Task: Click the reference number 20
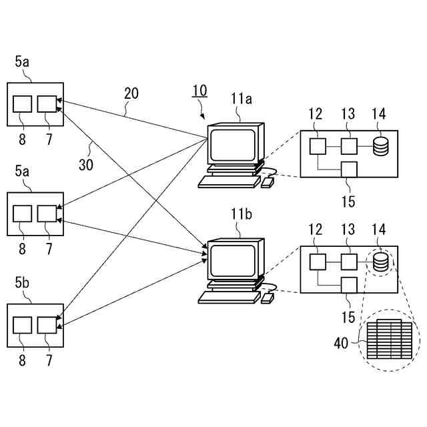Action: (x=131, y=93)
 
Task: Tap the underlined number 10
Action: (x=199, y=91)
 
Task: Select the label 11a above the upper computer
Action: (x=242, y=100)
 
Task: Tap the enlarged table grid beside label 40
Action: (x=387, y=340)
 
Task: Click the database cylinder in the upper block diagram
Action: (x=380, y=145)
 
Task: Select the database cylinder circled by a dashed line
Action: (x=380, y=262)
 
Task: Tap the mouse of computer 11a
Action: (x=267, y=182)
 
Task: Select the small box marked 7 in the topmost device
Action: (x=46, y=103)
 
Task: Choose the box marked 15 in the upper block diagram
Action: (x=349, y=169)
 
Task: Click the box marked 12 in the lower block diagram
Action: (x=318, y=262)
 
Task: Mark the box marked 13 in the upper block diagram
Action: (x=349, y=145)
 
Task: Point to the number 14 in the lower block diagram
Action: (x=379, y=230)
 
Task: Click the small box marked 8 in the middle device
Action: (x=23, y=213)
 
